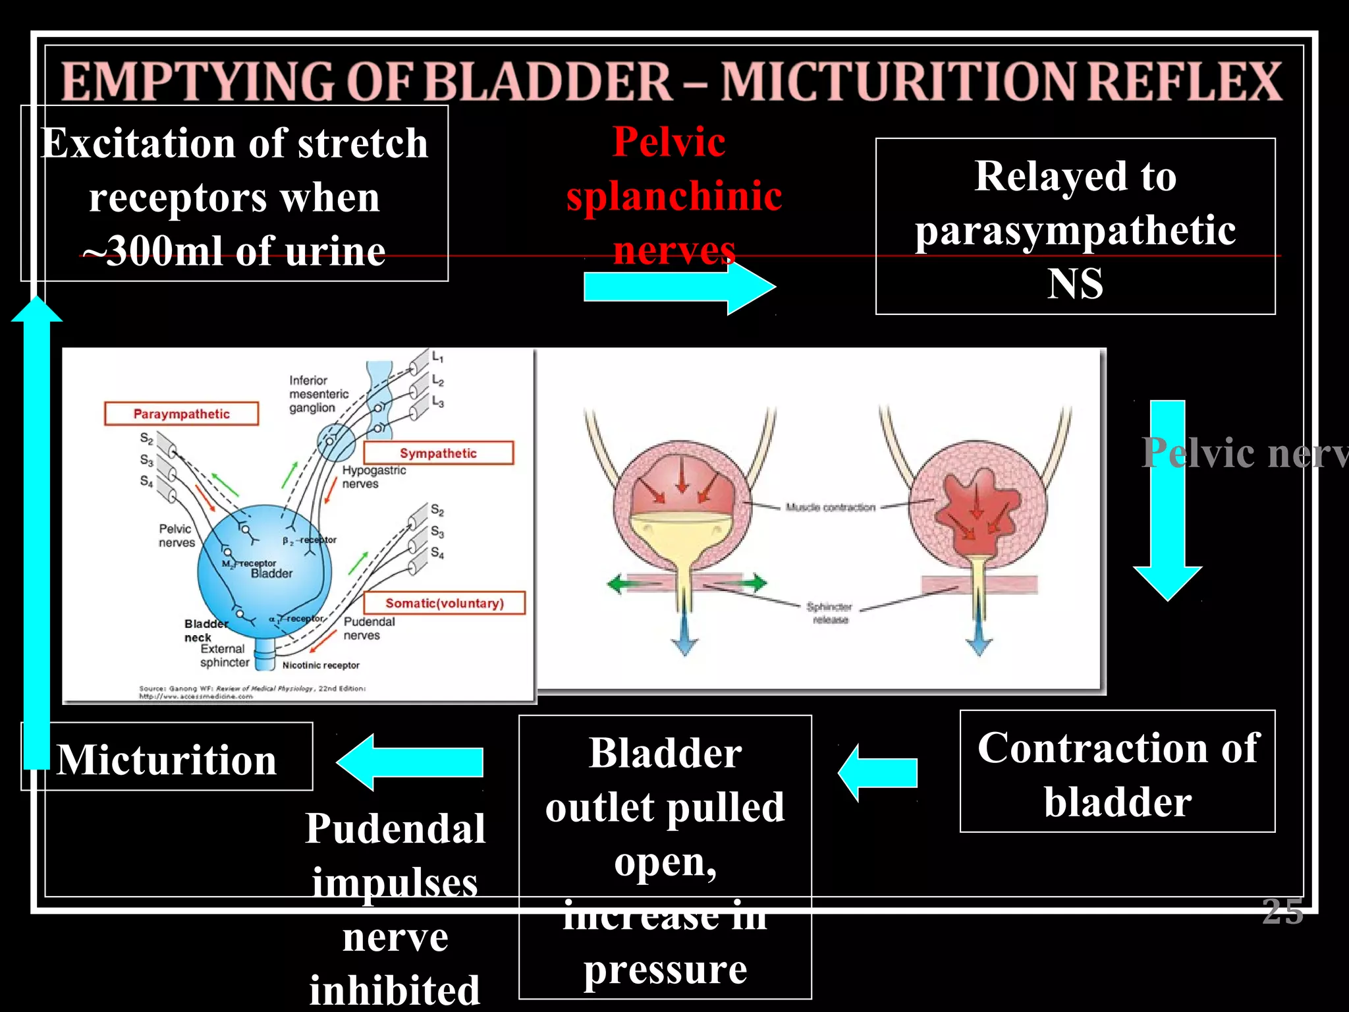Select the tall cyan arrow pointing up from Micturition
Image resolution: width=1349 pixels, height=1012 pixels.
click(x=37, y=527)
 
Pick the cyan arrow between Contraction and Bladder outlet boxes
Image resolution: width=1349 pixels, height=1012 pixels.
click(x=879, y=773)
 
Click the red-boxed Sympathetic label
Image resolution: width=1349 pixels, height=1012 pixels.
click(x=438, y=453)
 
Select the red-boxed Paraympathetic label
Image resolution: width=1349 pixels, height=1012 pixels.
click(x=181, y=414)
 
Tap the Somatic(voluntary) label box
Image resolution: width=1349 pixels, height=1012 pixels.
click(x=445, y=603)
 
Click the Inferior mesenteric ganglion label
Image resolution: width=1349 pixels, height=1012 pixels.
click(x=319, y=394)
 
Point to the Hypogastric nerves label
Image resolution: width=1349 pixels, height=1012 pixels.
click(x=373, y=476)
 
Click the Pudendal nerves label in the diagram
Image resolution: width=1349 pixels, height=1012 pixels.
click(x=369, y=628)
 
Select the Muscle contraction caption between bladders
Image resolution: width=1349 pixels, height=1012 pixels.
click(x=830, y=507)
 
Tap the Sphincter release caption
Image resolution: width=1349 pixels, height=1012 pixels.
click(x=829, y=613)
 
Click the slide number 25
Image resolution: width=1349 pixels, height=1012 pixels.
click(x=1282, y=912)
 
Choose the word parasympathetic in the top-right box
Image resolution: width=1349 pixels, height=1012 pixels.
click(x=1075, y=231)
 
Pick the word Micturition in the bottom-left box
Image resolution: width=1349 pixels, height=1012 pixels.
click(x=167, y=760)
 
